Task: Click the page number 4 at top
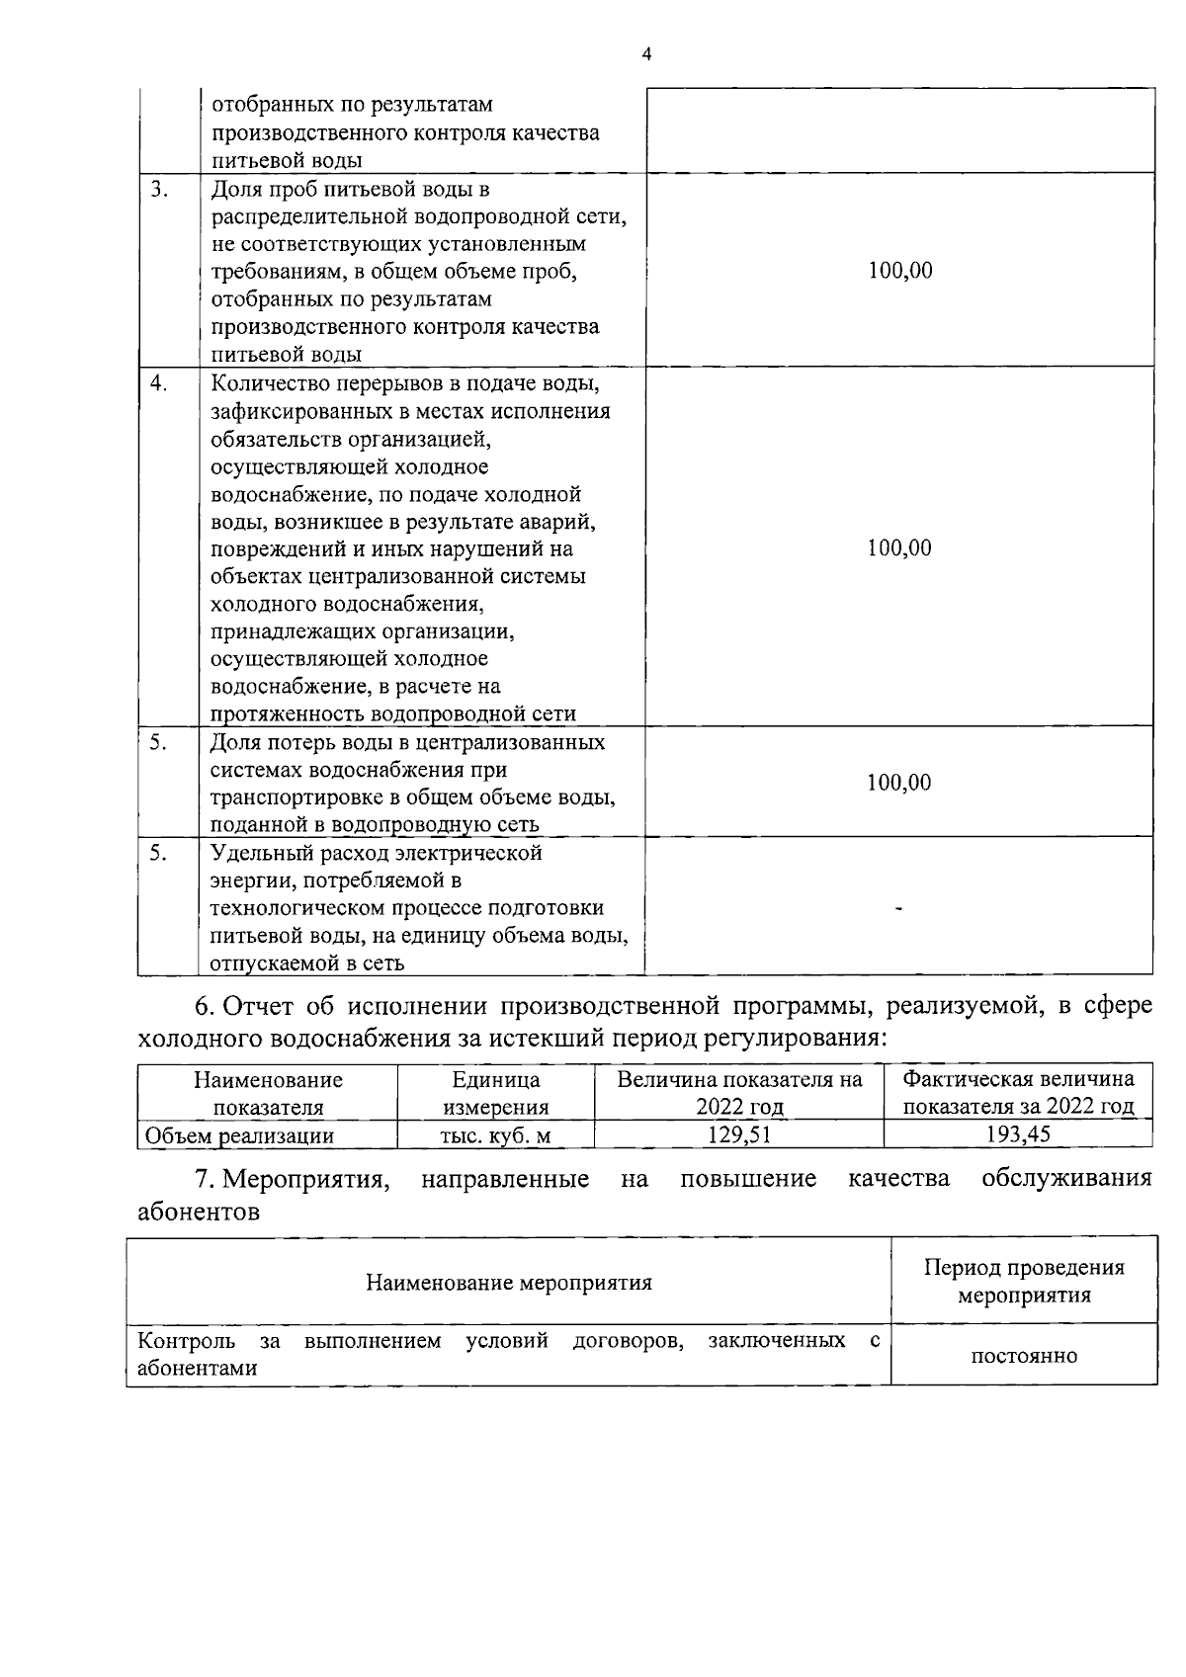point(646,55)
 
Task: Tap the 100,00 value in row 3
point(899,271)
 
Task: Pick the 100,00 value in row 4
point(899,548)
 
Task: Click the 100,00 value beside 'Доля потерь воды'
point(898,783)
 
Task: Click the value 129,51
point(738,1134)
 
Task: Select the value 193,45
point(1018,1134)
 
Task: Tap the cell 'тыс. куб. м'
point(495,1135)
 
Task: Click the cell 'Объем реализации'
point(239,1135)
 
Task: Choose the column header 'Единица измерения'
point(495,1093)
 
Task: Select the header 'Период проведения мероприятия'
point(1023,1281)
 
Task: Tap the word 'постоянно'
point(1023,1356)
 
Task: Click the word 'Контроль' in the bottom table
point(186,1341)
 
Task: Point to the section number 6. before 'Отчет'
point(205,1007)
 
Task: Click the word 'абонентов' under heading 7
point(199,1212)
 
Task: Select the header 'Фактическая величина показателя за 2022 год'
point(1018,1093)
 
